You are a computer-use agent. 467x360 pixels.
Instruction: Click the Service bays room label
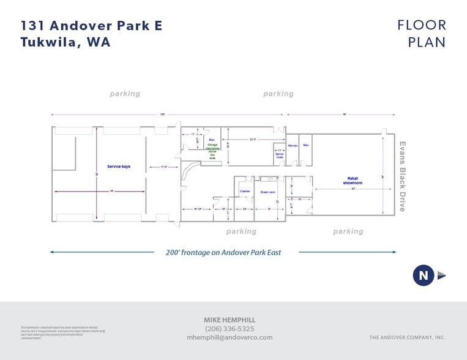118,167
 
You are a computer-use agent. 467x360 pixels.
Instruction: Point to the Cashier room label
245,191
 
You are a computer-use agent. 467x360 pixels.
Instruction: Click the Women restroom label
293,145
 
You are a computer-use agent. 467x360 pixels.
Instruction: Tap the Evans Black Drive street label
403,176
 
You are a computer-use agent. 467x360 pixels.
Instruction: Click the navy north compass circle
423,275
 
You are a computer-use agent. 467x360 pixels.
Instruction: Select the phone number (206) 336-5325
230,329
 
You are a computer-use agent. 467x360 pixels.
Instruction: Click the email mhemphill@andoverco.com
230,337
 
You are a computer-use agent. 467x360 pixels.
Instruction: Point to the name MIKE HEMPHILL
230,320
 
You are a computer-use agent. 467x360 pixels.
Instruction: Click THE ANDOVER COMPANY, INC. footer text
407,337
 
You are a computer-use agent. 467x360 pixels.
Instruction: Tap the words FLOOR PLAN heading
422,34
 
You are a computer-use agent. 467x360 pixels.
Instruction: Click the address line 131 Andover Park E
91,26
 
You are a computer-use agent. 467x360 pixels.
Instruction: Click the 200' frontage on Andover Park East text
223,252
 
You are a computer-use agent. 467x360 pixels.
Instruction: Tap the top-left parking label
125,94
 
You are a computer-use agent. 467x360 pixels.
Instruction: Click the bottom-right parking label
348,231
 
